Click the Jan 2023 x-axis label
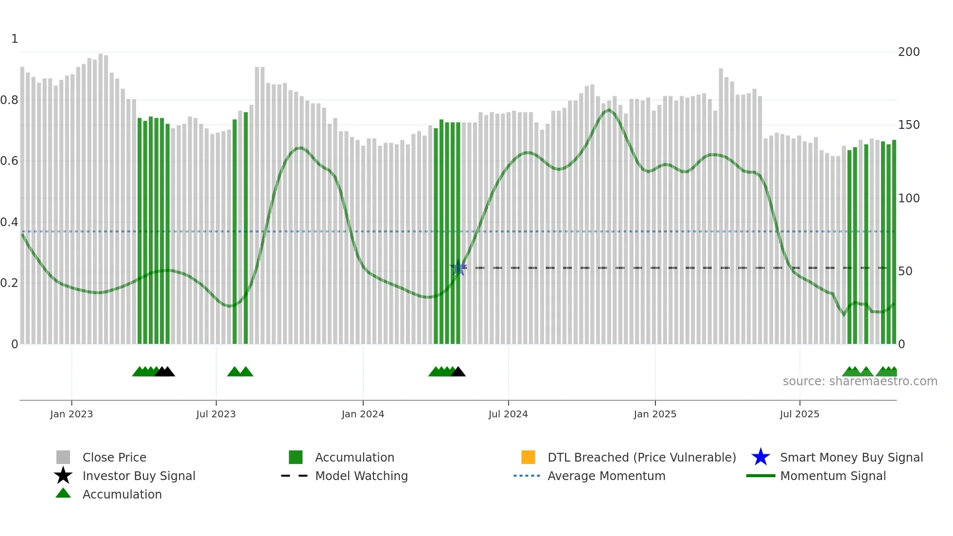point(71,414)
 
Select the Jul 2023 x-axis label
point(216,414)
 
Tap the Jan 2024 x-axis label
point(363,414)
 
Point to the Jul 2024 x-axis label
point(508,414)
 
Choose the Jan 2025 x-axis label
point(655,414)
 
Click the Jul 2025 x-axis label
point(799,414)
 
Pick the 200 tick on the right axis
point(909,52)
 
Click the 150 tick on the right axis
point(909,125)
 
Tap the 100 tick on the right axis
point(909,198)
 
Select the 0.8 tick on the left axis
point(9,100)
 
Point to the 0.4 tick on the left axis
point(9,222)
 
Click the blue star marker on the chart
point(458,268)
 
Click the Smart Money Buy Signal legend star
point(760,457)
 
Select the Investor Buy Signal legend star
point(63,476)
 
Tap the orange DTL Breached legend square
point(528,457)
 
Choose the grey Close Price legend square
point(63,457)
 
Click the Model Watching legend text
point(361,476)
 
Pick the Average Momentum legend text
point(606,476)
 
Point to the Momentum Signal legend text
point(833,476)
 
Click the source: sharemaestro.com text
point(860,381)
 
